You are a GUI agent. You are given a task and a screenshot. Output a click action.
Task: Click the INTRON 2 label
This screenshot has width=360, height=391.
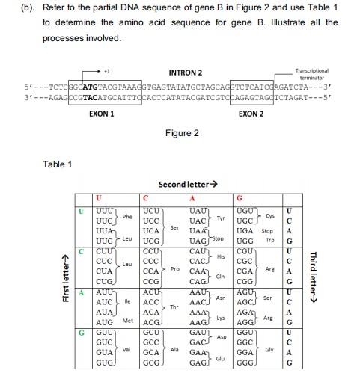tap(186, 72)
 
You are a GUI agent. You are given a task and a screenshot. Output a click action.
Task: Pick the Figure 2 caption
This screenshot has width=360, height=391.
tap(181, 134)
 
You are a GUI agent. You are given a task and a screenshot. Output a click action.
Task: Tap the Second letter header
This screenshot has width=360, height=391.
tap(187, 184)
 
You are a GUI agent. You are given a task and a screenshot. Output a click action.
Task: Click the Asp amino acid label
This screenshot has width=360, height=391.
tap(222, 336)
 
